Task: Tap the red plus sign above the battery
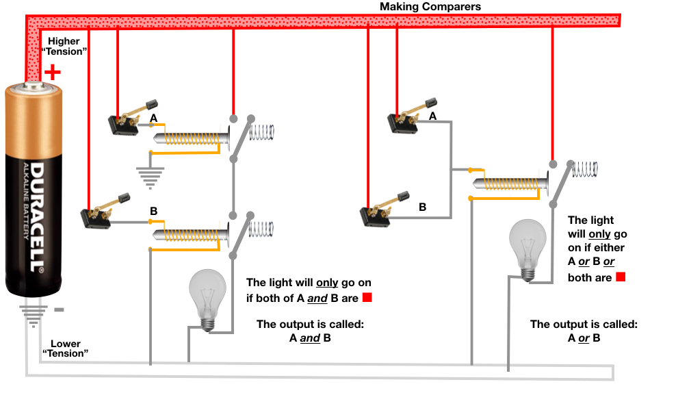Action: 52,71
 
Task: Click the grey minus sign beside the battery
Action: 59,309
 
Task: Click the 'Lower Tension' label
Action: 65,348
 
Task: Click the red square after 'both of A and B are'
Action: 367,298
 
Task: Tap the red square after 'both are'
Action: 621,277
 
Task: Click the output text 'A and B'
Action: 309,338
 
